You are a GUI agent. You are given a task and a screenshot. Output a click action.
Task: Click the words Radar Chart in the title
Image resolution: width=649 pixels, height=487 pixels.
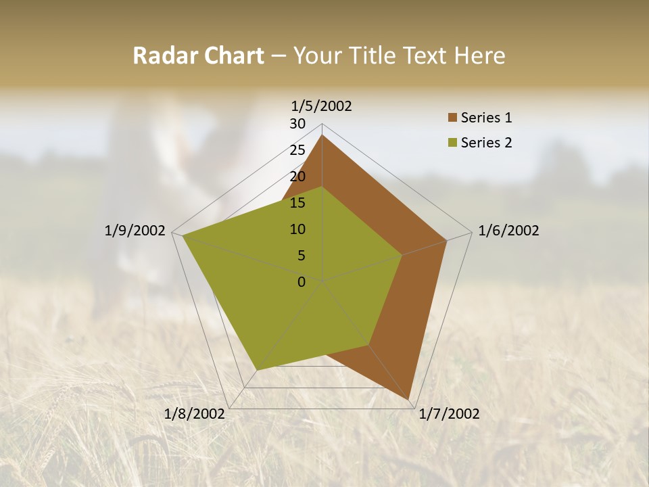(x=198, y=55)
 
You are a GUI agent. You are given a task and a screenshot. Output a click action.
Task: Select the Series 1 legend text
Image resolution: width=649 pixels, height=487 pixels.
(x=486, y=118)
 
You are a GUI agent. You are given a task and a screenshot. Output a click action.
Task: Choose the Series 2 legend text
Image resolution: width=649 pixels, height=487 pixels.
(x=486, y=143)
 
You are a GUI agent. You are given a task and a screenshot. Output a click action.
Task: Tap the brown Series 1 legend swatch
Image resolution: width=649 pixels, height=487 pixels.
(x=452, y=118)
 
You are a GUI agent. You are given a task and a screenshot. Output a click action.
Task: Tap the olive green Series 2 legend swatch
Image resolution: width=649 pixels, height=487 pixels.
(x=452, y=143)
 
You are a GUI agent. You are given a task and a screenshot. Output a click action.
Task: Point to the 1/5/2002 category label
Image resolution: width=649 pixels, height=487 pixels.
(x=322, y=106)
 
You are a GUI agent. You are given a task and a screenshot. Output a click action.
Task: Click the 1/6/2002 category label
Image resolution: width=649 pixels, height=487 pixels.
(x=508, y=231)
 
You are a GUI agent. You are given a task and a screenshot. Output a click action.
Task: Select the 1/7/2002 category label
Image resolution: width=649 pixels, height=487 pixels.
(x=450, y=414)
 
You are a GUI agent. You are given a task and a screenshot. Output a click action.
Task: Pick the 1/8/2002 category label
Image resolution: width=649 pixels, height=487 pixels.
(x=195, y=414)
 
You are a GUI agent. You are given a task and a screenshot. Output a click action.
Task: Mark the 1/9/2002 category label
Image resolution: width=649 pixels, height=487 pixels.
(x=135, y=231)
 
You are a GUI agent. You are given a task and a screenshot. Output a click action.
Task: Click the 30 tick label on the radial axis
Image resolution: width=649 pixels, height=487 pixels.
(x=297, y=124)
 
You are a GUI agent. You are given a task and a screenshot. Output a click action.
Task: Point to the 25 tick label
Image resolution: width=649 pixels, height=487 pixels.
(x=297, y=150)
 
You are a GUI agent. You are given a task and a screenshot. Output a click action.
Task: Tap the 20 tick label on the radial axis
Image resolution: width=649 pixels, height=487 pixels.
(x=297, y=177)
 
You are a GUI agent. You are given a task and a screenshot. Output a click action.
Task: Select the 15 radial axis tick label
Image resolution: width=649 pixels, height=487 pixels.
(x=297, y=203)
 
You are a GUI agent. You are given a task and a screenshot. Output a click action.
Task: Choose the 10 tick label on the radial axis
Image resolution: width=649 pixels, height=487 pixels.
(x=297, y=229)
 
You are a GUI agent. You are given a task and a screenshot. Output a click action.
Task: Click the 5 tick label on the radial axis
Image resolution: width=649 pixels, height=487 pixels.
(x=301, y=256)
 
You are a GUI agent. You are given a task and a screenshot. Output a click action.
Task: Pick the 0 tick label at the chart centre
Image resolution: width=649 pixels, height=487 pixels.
(x=302, y=282)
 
